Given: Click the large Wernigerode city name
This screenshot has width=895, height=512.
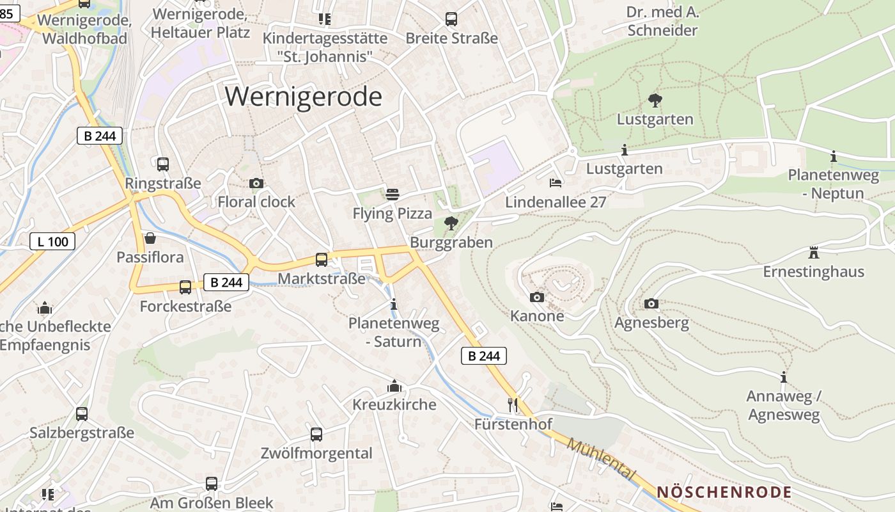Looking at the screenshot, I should [x=304, y=97].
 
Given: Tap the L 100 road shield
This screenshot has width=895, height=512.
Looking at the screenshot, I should [x=52, y=241].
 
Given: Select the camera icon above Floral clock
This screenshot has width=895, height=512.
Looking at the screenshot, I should [x=256, y=184].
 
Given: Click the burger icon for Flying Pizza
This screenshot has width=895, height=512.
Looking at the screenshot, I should [x=393, y=194].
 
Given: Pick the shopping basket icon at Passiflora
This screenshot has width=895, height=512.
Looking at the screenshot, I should [x=150, y=238].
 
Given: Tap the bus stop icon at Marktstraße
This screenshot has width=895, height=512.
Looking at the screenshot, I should [x=322, y=259].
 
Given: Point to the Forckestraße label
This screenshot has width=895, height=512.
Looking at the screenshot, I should [x=185, y=306].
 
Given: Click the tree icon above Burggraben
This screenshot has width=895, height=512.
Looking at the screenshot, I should [x=451, y=223].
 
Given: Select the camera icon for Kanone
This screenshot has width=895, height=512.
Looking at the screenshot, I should [x=537, y=297].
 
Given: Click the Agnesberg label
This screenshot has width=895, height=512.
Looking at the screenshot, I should [x=651, y=323].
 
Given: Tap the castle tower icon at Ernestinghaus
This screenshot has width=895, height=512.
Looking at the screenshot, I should [x=814, y=252].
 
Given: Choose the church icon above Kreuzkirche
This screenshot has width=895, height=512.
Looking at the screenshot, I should [x=394, y=386].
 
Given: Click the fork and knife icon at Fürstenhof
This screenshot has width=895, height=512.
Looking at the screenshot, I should [x=513, y=404].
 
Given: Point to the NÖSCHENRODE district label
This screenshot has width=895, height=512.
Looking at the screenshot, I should [x=724, y=492].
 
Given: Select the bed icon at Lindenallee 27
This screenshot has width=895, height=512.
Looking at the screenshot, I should [x=556, y=183].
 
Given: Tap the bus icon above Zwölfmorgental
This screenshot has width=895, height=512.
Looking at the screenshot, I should [x=316, y=435].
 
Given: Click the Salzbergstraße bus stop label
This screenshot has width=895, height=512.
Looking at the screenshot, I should [x=82, y=433].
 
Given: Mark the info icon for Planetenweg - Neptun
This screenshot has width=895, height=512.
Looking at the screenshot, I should [x=834, y=156].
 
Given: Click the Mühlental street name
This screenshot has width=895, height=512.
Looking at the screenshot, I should [x=601, y=460].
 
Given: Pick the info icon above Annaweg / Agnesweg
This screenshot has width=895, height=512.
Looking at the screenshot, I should [x=783, y=378].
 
